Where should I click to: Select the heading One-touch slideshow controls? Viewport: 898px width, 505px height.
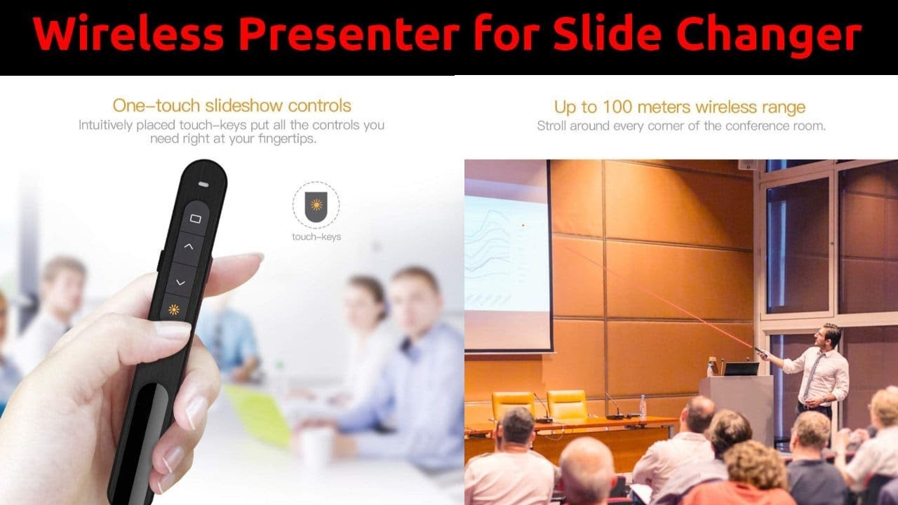click(232, 106)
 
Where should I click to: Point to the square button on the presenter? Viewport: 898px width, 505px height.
click(195, 219)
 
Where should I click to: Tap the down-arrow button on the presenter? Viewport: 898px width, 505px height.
click(180, 282)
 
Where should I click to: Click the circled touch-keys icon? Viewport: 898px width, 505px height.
click(316, 206)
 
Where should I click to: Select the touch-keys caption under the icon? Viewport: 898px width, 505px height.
click(316, 237)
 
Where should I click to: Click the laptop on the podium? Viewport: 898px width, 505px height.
click(741, 368)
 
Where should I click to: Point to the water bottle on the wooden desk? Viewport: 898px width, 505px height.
click(642, 407)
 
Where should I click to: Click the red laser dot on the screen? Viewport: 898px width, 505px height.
click(523, 225)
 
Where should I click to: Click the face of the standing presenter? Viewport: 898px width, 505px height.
click(831, 336)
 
